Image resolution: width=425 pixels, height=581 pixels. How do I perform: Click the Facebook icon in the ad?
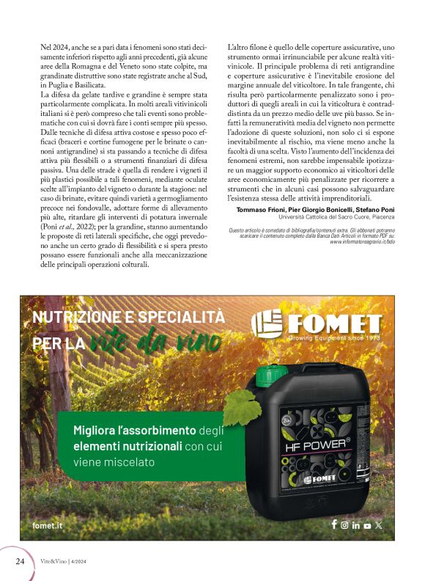(334, 525)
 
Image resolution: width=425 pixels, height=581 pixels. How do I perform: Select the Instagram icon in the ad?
(345, 525)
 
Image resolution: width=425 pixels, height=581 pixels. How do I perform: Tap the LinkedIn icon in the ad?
(356, 525)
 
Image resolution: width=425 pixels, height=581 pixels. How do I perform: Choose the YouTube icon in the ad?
(367, 525)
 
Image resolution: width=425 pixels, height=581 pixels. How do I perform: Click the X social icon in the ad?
(378, 525)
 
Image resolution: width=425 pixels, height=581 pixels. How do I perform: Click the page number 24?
(21, 561)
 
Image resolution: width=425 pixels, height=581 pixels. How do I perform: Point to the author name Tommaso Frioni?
(259, 209)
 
